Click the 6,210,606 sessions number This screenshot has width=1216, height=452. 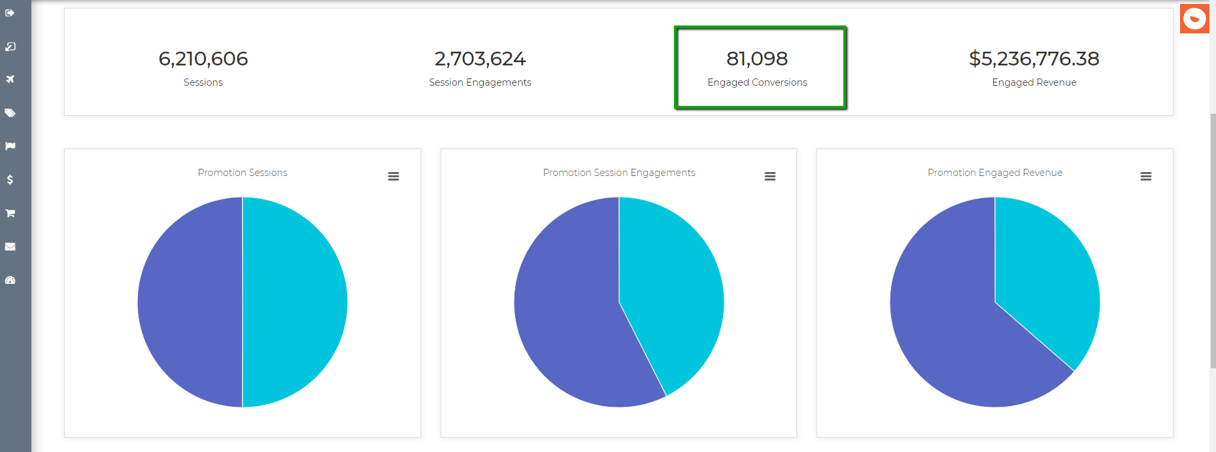(x=203, y=59)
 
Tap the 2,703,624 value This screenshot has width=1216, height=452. (x=480, y=59)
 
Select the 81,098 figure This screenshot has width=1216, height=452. (x=757, y=59)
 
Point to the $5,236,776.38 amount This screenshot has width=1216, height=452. (x=1034, y=59)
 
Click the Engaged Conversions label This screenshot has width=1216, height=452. (x=757, y=82)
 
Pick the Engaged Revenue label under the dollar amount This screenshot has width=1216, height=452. (x=1034, y=82)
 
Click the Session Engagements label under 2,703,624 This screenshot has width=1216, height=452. (x=480, y=82)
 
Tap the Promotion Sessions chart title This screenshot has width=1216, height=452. (x=243, y=173)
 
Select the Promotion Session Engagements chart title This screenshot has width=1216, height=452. (x=618, y=173)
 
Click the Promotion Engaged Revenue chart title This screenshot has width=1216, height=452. (x=994, y=173)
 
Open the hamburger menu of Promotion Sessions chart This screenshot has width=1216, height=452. (x=394, y=177)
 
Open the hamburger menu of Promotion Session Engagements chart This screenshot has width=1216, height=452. (x=770, y=177)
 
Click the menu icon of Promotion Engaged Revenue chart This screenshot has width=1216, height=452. (x=1146, y=177)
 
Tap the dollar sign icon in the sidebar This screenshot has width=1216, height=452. (x=10, y=180)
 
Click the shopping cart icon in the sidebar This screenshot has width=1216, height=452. (x=10, y=213)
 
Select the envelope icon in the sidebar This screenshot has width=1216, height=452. (x=10, y=247)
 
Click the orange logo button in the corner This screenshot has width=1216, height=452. (x=1194, y=18)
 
